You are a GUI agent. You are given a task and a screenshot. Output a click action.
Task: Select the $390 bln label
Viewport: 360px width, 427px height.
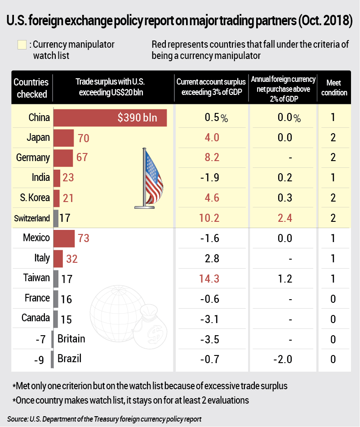137,118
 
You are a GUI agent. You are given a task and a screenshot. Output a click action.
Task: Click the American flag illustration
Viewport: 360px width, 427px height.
151,178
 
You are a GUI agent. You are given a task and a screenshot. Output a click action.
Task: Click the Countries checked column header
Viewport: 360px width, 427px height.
31,88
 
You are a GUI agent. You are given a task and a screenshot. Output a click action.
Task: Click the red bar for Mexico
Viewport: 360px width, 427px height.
64,238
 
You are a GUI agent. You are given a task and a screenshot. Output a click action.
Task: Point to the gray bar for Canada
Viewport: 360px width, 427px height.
56,319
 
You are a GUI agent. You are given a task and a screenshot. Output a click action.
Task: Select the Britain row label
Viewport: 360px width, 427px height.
71,338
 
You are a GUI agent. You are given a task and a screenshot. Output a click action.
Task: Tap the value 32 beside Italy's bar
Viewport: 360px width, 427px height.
71,258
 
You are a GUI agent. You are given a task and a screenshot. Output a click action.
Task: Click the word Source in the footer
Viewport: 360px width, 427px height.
18,418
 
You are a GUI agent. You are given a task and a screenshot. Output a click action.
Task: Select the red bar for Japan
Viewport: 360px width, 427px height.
63,138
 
